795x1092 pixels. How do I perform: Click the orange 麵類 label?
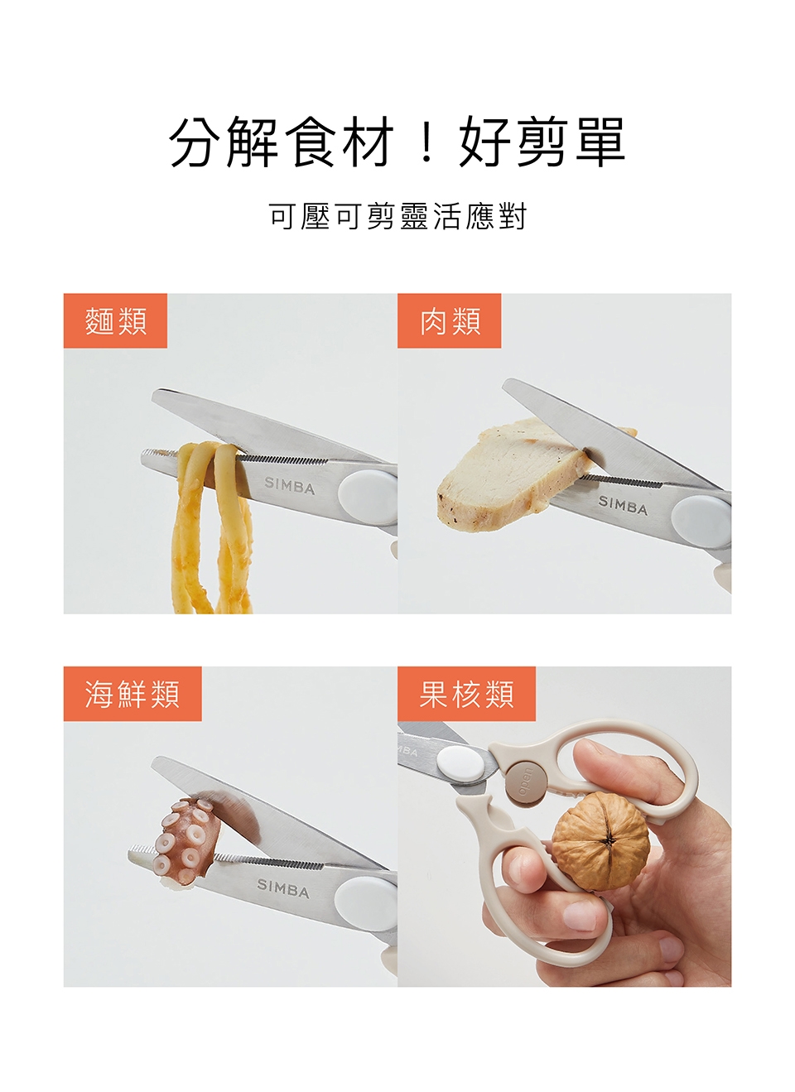click(115, 320)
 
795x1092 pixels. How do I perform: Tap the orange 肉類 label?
click(449, 320)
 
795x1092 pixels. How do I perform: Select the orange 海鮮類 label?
click(132, 693)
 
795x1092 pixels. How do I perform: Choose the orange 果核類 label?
click(466, 693)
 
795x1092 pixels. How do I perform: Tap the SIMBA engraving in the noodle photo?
click(289, 485)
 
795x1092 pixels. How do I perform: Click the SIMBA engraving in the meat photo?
click(623, 505)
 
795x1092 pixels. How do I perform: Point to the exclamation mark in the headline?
click(427, 143)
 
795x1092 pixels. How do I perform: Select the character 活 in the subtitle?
click(446, 216)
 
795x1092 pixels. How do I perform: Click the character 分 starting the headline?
click(196, 142)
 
